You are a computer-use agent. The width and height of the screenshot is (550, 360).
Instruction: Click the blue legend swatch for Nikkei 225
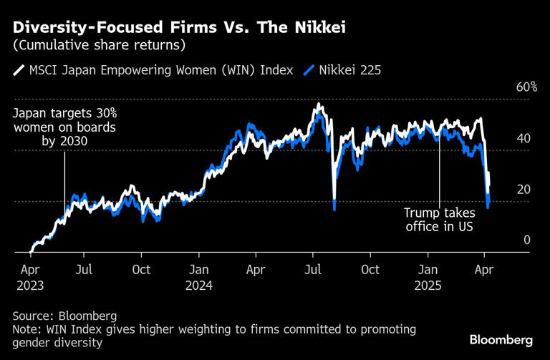coord(309,70)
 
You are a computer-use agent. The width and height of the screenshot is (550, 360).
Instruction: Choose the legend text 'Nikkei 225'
coord(349,70)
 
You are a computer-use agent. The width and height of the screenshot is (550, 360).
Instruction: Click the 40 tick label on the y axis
coord(526,138)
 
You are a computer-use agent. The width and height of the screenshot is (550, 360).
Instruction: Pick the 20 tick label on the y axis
coord(526,189)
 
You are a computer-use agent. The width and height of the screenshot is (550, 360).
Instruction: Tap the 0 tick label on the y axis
coord(526,240)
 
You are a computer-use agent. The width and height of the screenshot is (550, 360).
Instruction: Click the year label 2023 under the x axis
coord(29,284)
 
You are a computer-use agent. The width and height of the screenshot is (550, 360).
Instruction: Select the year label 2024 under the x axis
coord(199,284)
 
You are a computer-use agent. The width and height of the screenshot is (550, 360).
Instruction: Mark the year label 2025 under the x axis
coord(428,284)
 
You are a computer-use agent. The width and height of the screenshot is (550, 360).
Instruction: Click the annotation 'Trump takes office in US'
coord(439,220)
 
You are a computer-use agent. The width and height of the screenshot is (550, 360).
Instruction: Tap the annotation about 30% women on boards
coord(64,127)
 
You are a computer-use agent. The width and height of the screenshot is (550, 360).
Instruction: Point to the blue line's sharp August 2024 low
coord(334,208)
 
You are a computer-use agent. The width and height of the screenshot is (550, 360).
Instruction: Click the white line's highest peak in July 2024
coord(317,105)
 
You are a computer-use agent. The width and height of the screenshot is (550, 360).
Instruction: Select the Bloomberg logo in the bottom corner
coord(501,339)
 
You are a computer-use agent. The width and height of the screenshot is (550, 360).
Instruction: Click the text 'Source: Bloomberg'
coord(64,316)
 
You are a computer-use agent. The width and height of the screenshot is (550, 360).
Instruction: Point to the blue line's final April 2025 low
coord(488,208)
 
